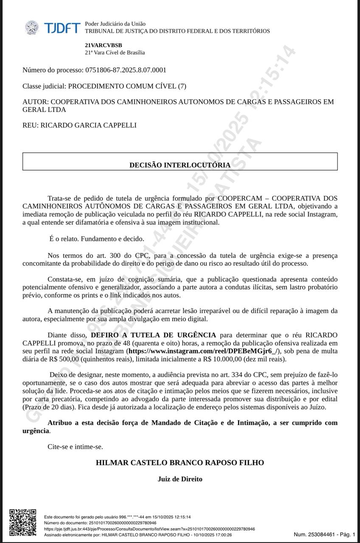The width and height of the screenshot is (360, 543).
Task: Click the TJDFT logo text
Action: pyautogui.click(x=62, y=28)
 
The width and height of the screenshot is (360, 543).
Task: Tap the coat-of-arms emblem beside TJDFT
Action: pyautogui.click(x=32, y=28)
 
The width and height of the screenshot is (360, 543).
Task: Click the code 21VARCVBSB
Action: pyautogui.click(x=103, y=45)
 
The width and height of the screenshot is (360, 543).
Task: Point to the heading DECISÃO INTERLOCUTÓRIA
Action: pyautogui.click(x=180, y=165)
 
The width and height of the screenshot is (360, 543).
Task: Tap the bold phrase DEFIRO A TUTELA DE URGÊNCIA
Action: pyautogui.click(x=153, y=335)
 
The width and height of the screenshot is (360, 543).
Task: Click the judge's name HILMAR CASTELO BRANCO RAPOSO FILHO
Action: pyautogui.click(x=180, y=462)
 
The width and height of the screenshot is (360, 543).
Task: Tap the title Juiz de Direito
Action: pyautogui.click(x=180, y=479)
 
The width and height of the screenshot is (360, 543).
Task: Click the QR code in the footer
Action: pyautogui.click(x=22, y=523)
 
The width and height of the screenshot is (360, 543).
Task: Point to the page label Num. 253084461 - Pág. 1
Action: pyautogui.click(x=324, y=535)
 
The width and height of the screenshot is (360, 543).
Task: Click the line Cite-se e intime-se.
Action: pyautogui.click(x=75, y=446)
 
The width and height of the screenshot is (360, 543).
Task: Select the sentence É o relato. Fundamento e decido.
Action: pyautogui.click(x=97, y=239)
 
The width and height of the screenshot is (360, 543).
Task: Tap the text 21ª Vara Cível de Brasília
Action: pyautogui.click(x=115, y=53)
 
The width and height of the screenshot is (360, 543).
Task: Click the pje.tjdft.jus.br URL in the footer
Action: pyautogui.click(x=149, y=529)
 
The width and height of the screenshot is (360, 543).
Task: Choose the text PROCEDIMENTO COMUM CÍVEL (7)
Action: pyautogui.click(x=127, y=86)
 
